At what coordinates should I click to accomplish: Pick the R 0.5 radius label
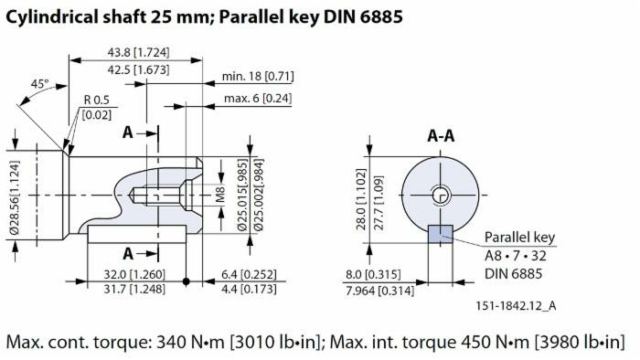coord(98,101)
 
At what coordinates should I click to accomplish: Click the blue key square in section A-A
coord(441,233)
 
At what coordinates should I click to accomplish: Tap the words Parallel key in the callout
coord(520,238)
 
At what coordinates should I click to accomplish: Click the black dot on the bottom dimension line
coord(187,281)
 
